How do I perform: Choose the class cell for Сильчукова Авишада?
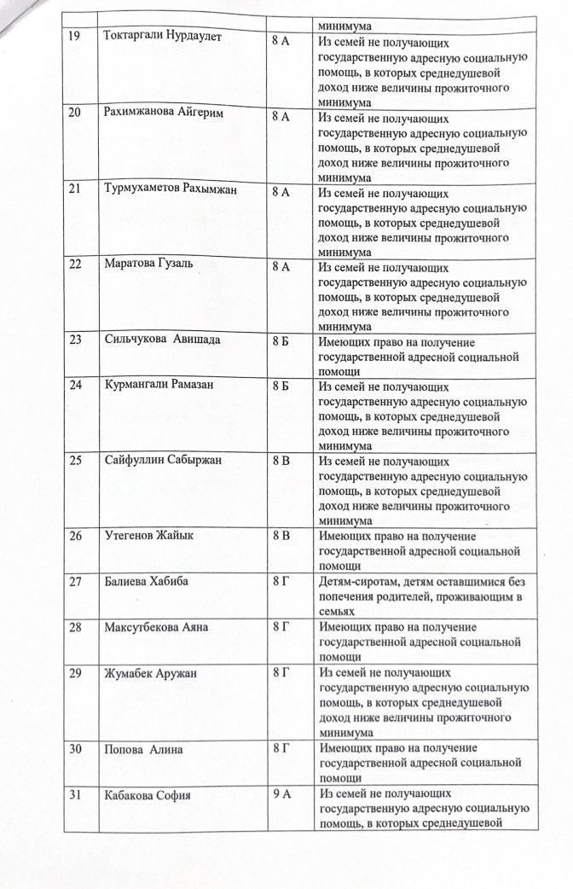coord(281,339)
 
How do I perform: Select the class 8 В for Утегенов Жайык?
coord(281,536)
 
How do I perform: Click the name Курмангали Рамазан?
coord(159,385)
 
